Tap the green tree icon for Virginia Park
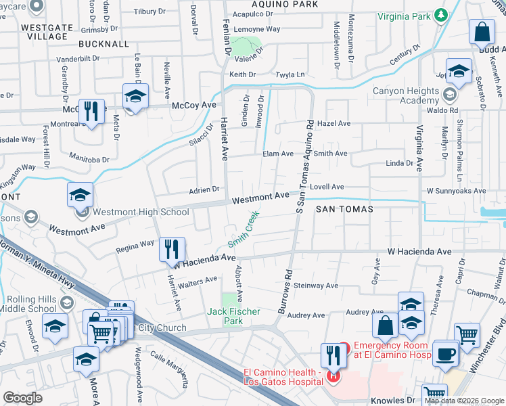pyautogui.click(x=442, y=14)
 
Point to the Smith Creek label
pyautogui.click(x=244, y=230)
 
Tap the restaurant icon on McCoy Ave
pyautogui.click(x=91, y=112)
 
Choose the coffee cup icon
pyautogui.click(x=446, y=354)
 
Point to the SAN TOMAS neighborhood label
pyautogui.click(x=344, y=210)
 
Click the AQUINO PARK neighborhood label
pyautogui.click(x=284, y=4)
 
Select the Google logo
pyautogui.click(x=23, y=397)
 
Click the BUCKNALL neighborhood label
pyautogui.click(x=103, y=43)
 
